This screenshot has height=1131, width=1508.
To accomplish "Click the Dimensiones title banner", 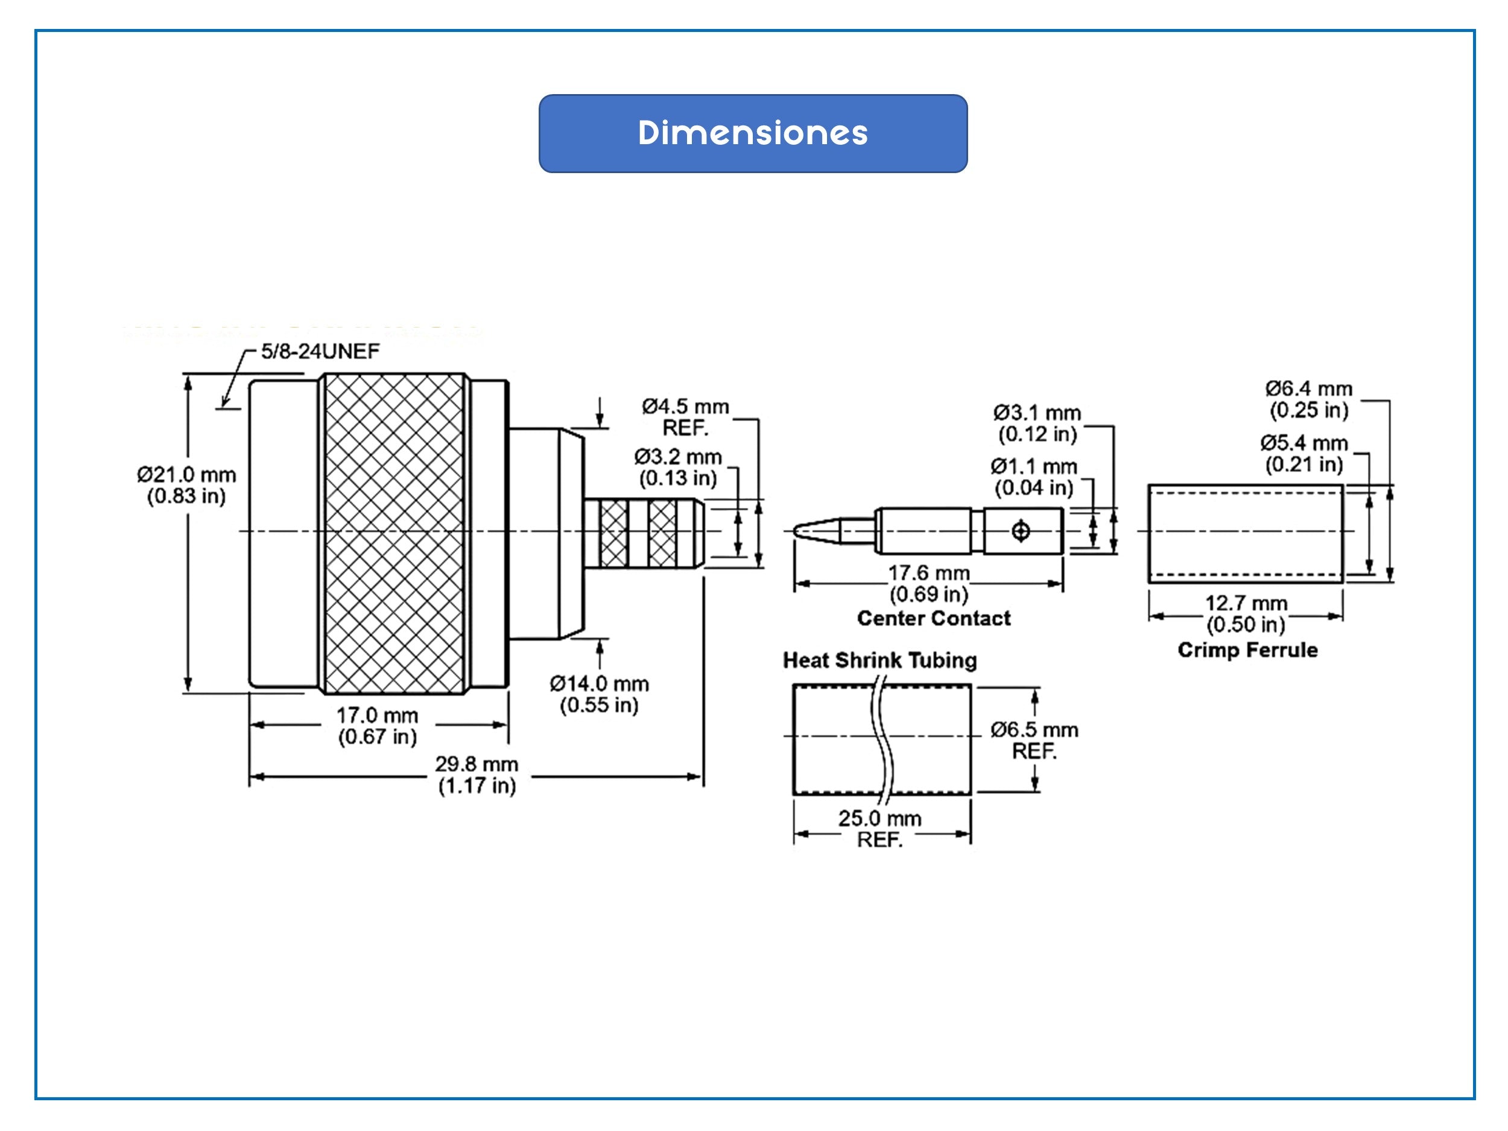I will coord(753,134).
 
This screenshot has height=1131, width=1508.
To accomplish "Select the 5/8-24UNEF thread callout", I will coord(320,352).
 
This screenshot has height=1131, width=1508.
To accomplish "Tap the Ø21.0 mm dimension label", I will coord(186,485).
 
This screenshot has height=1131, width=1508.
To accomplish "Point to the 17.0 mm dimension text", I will coord(377,726).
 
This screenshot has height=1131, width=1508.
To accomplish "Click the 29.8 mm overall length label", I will coord(477,775).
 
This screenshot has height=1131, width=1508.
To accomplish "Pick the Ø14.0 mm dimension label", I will coord(599,694).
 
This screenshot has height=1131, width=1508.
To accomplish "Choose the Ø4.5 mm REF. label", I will coord(685,417).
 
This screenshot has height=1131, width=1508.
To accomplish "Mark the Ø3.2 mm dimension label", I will coord(677,467).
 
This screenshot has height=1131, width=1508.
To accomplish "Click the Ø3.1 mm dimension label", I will coord(1037,423).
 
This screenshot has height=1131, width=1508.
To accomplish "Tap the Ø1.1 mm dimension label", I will coord(1033,477).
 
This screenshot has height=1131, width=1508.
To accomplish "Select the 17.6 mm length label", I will coord(928,583).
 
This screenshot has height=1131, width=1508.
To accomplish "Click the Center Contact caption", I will coord(933,618).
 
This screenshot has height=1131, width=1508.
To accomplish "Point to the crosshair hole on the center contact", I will coord(1021,531).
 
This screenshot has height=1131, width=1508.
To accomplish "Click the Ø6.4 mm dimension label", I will coord(1309,399).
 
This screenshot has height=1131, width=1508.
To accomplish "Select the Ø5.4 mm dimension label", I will coord(1304,454).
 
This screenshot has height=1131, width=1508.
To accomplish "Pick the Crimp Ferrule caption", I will coord(1247,650).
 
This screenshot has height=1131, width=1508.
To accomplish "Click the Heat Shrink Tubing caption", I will coord(879,660).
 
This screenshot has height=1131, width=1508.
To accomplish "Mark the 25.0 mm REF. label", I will coord(879,828).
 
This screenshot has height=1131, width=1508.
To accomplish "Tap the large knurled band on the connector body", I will coord(394,533).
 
